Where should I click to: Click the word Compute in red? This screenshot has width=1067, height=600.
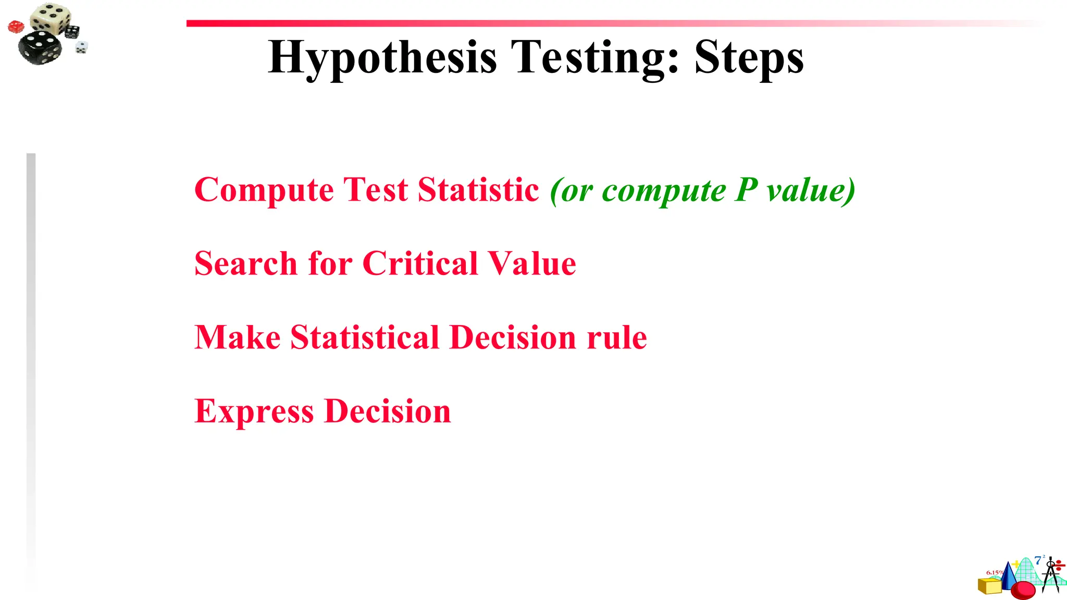pyautogui.click(x=264, y=190)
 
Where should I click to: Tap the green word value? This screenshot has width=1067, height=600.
pyautogui.click(x=811, y=190)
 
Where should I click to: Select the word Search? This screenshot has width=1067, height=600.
pyautogui.click(x=245, y=264)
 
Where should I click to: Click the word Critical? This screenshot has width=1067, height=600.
pyautogui.click(x=419, y=264)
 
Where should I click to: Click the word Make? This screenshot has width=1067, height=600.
pyautogui.click(x=237, y=337)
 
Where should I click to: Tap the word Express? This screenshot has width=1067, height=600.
pyautogui.click(x=254, y=411)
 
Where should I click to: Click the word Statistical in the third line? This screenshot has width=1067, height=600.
pyautogui.click(x=365, y=337)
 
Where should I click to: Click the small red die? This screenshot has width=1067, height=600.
pyautogui.click(x=16, y=27)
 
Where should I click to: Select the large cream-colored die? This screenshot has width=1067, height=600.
pyautogui.click(x=51, y=18)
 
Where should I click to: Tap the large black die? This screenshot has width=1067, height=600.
pyautogui.click(x=39, y=47)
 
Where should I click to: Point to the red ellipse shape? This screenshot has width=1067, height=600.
pyautogui.click(x=1023, y=590)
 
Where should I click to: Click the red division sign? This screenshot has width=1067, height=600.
pyautogui.click(x=1060, y=565)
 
